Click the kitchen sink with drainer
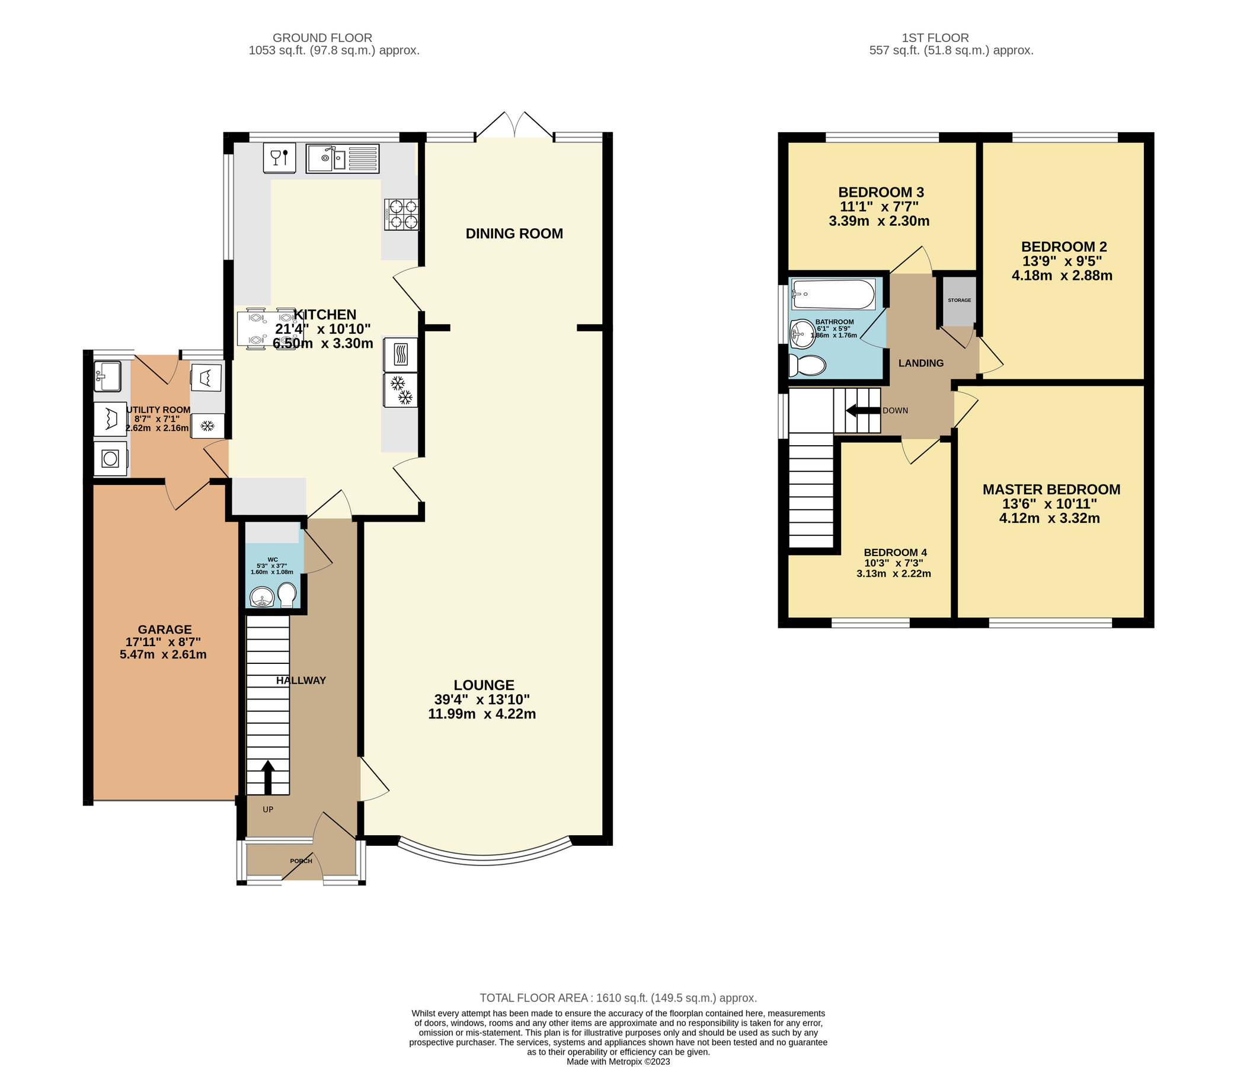tap(343, 158)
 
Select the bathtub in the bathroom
tap(833, 295)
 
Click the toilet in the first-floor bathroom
tap(807, 365)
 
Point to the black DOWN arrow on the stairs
tap(863, 410)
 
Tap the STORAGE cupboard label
tap(960, 301)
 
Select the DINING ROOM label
tap(514, 234)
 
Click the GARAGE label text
tap(165, 630)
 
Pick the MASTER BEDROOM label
tap(1051, 490)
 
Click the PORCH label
tap(301, 861)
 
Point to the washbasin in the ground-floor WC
tap(261, 596)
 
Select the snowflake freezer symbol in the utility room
tap(207, 426)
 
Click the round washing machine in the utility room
tap(110, 459)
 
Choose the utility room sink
tap(107, 376)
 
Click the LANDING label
tap(921, 363)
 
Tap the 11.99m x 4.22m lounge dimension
tap(482, 714)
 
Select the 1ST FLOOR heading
tap(935, 37)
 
